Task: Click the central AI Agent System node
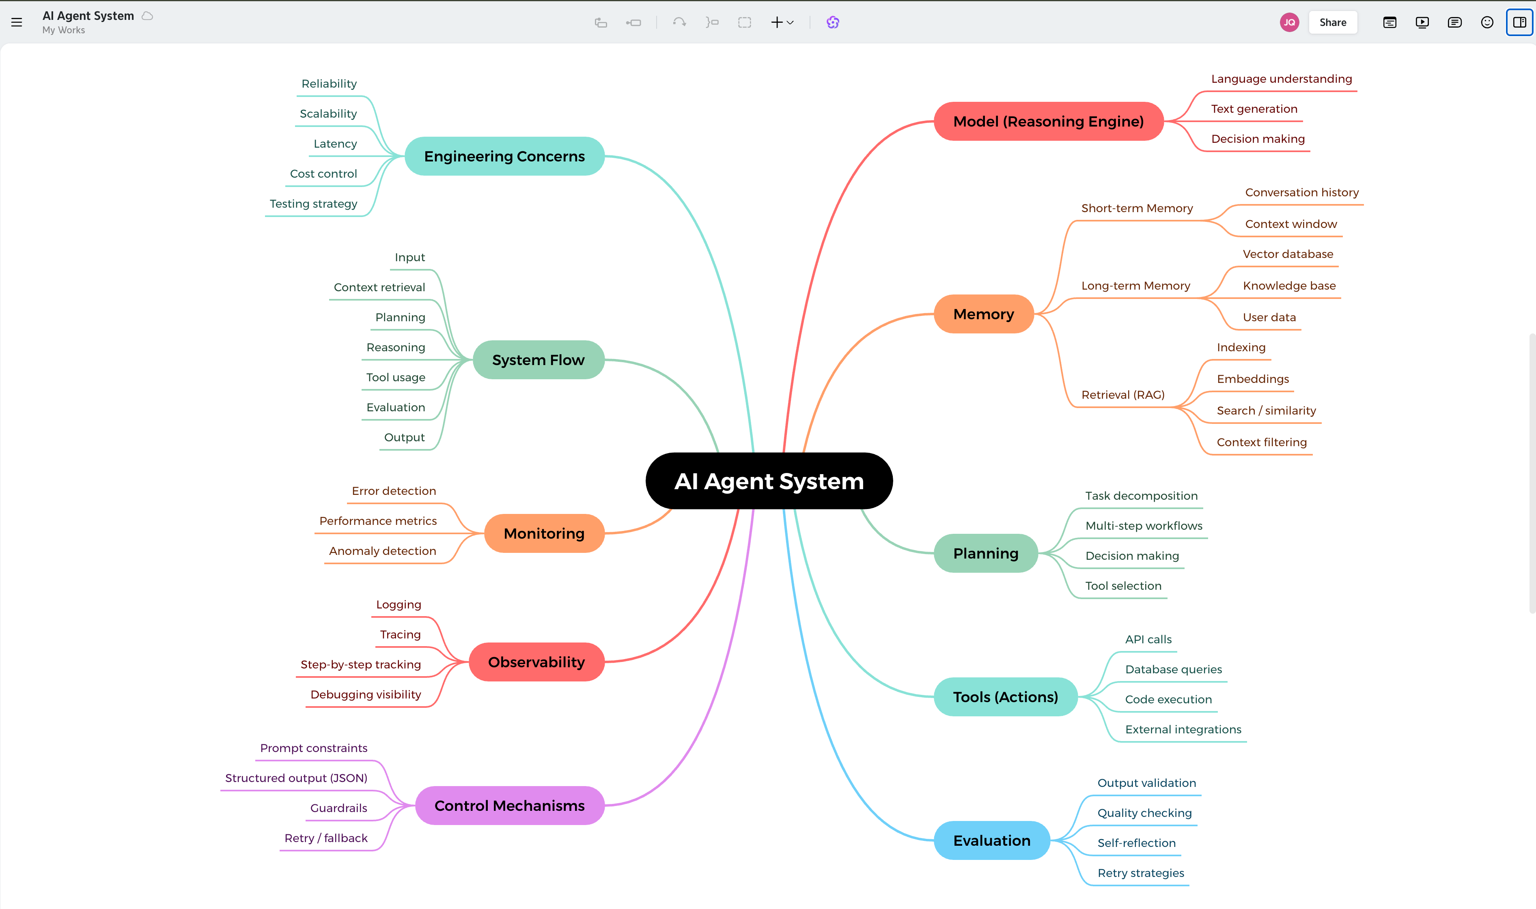(769, 481)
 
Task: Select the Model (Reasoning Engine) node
(1048, 121)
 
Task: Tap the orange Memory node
(983, 314)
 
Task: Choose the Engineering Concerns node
(504, 156)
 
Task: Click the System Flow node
(538, 359)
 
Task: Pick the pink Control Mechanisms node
(509, 806)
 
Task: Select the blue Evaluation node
(991, 840)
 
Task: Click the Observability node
(536, 662)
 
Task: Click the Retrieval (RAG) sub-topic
(1123, 395)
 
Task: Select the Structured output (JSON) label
(296, 778)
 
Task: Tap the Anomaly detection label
(382, 551)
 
